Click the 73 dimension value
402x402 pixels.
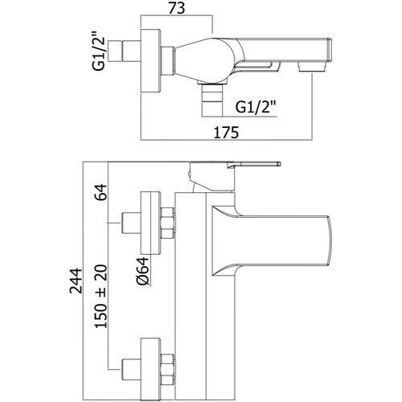pos(177,8)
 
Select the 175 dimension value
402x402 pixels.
pos(226,133)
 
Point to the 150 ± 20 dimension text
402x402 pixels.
pos(100,296)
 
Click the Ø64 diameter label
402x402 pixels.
pos(142,271)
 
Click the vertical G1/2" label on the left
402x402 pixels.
pos(98,51)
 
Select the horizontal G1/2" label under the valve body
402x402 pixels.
pos(256,107)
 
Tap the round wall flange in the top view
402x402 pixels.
pos(151,61)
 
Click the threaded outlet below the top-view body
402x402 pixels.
pos(212,100)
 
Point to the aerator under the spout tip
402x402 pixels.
pos(312,66)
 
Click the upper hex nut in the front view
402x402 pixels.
pos(168,223)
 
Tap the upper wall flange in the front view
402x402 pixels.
pos(150,223)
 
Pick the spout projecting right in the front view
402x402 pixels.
pos(271,240)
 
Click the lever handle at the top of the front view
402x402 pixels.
pos(235,176)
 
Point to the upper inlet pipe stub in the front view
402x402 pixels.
pos(131,224)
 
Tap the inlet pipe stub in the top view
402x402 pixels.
pos(131,51)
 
